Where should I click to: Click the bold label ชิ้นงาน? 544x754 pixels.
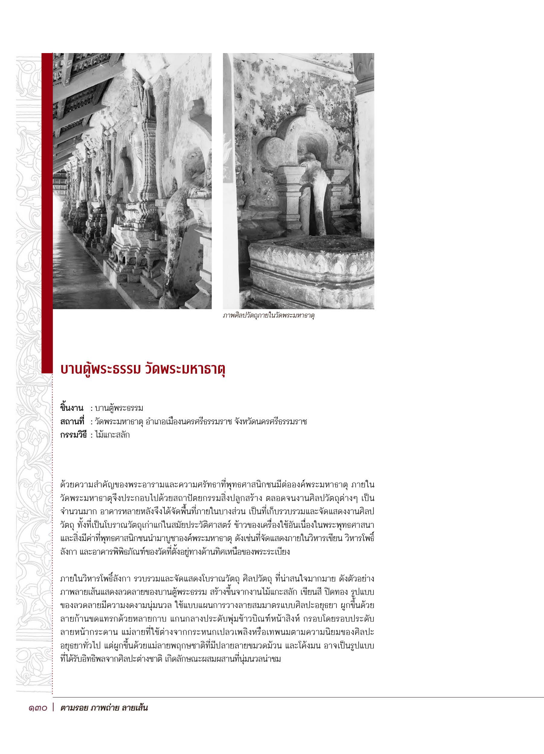click(72, 408)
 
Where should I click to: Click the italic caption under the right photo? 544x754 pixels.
click(269, 316)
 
